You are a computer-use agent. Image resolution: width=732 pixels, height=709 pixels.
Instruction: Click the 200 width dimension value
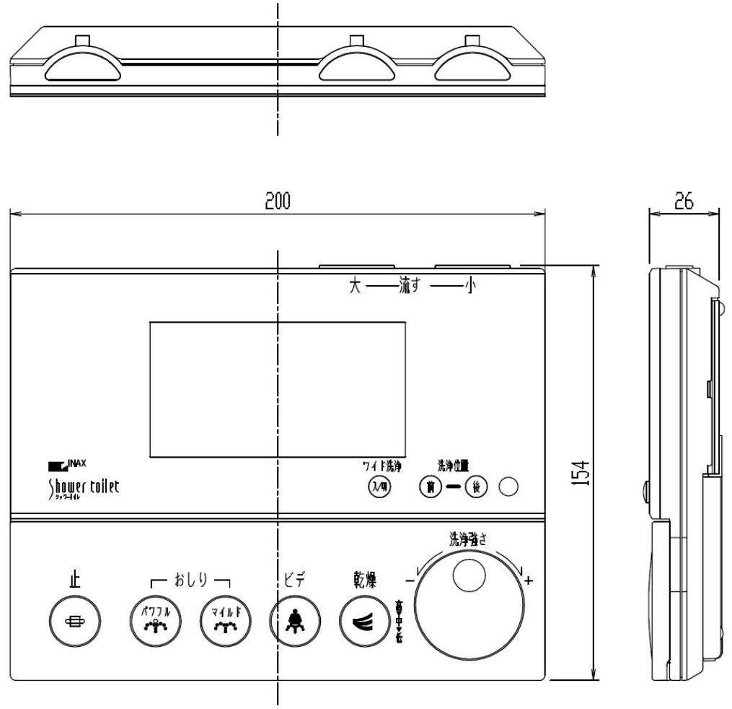click(277, 202)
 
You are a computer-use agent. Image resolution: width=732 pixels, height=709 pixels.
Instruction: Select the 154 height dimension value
click(587, 473)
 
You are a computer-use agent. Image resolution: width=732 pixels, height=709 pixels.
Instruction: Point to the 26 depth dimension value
click(683, 201)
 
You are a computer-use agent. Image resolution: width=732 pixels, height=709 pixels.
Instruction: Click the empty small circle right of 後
click(509, 488)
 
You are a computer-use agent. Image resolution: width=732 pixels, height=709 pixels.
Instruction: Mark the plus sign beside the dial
click(529, 580)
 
